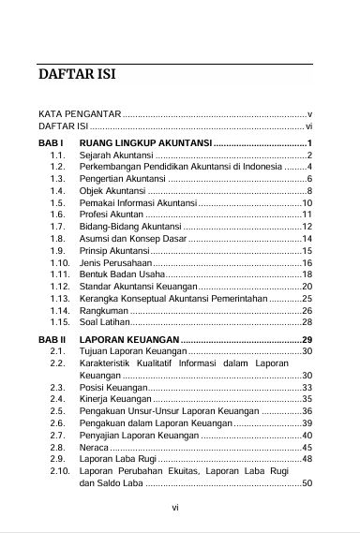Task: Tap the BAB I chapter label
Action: tap(52, 141)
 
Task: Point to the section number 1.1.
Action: tap(58, 154)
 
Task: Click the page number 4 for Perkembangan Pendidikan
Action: tap(308, 166)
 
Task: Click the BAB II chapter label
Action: tap(53, 338)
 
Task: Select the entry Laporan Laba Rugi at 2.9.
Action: tap(117, 460)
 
